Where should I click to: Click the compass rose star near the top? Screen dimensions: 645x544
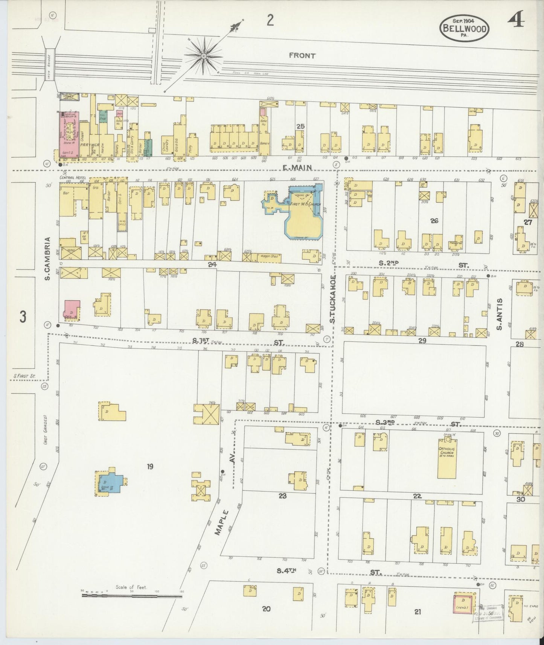204,56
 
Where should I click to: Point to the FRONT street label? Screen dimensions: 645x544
302,55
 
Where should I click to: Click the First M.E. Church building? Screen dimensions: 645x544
304,216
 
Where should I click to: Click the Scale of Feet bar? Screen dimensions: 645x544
132,596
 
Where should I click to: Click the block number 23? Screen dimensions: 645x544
283,496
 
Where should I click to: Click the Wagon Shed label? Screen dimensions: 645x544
267,257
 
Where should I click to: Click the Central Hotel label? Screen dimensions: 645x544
73,177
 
